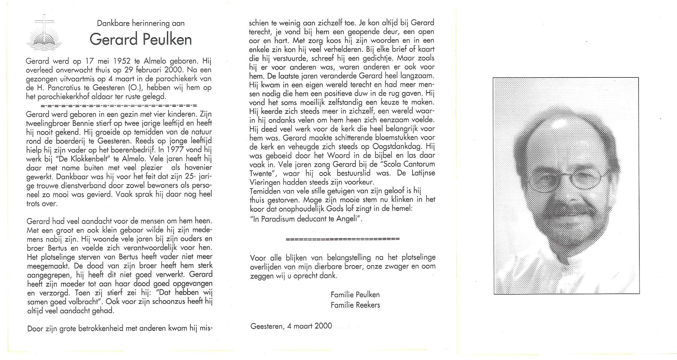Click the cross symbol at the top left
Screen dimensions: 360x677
[44, 27]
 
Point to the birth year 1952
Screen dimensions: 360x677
[122, 61]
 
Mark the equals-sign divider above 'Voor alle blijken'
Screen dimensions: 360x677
[343, 239]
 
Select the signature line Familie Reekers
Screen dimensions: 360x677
[355, 305]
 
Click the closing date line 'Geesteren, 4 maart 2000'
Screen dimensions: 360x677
[291, 326]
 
